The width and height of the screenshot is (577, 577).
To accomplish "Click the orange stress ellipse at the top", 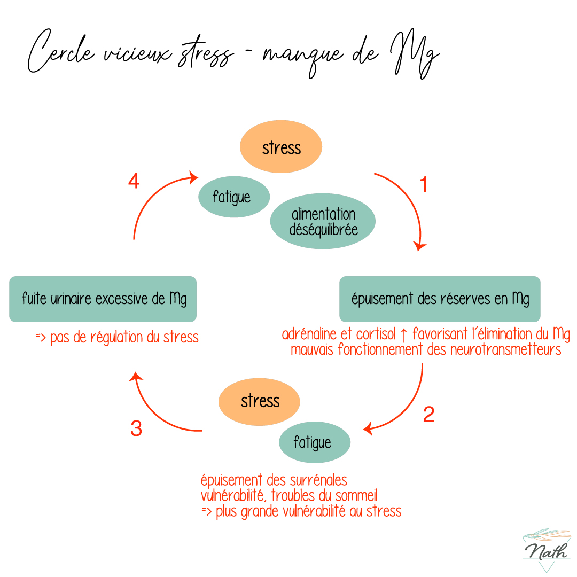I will point(281,148).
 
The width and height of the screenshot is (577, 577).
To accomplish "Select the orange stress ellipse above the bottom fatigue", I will point(260,401).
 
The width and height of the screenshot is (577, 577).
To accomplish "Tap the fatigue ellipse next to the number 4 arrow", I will point(232,197).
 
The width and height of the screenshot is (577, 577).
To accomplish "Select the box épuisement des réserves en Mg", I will point(440,299).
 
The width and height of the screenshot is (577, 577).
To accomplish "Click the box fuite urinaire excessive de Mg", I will point(103,299).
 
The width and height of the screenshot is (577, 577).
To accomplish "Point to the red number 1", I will point(424,185).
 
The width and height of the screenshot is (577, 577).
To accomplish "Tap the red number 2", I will point(428,415).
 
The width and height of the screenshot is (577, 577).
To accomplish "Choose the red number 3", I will point(136,428).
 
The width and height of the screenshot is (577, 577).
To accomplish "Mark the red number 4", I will point(134,182).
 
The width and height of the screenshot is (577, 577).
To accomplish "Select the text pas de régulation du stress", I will point(124,338).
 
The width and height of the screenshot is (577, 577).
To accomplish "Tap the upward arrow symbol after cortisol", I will point(404,334).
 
